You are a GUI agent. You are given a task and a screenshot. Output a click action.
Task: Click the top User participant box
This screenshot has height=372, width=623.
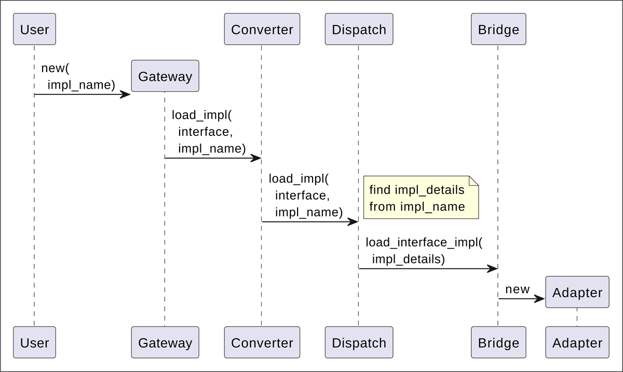[x=34, y=30]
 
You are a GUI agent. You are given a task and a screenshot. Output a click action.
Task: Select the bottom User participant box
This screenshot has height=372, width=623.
[x=34, y=342]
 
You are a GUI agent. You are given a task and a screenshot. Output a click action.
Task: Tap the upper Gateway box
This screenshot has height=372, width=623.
[x=165, y=76]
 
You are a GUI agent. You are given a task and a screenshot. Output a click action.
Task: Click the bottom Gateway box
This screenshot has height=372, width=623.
[x=165, y=342]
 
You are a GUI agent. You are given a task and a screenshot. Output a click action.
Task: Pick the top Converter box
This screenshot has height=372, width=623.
[x=262, y=30]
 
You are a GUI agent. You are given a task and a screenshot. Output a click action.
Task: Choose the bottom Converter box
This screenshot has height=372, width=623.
[x=262, y=342]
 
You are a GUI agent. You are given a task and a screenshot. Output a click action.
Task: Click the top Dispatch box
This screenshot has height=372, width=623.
[x=359, y=30]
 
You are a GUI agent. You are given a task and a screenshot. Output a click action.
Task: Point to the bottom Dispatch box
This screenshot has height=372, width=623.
[x=359, y=342]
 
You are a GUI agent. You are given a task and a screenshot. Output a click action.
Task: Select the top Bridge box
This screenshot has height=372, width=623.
[x=498, y=30]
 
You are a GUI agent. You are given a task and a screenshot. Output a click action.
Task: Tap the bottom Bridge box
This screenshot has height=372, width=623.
[x=498, y=342]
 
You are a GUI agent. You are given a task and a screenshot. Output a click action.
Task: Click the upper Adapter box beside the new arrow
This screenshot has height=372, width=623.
[x=577, y=292]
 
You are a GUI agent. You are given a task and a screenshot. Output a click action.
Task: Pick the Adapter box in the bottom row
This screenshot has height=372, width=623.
[x=577, y=342]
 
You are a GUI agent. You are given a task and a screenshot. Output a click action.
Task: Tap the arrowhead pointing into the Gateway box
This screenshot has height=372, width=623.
[x=125, y=94]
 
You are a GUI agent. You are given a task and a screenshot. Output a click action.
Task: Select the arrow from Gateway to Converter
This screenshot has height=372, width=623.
[x=213, y=158]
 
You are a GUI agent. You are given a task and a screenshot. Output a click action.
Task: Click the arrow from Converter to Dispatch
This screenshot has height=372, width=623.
[x=310, y=222]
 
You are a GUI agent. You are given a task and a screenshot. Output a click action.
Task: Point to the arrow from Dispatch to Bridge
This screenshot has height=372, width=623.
[x=428, y=269]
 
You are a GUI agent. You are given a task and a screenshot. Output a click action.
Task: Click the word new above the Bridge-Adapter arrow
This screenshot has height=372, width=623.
[x=517, y=290]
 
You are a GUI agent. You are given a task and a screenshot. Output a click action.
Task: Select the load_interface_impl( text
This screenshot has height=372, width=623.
[x=424, y=242]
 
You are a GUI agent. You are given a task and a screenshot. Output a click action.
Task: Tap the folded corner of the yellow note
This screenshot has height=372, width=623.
[x=473, y=181]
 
